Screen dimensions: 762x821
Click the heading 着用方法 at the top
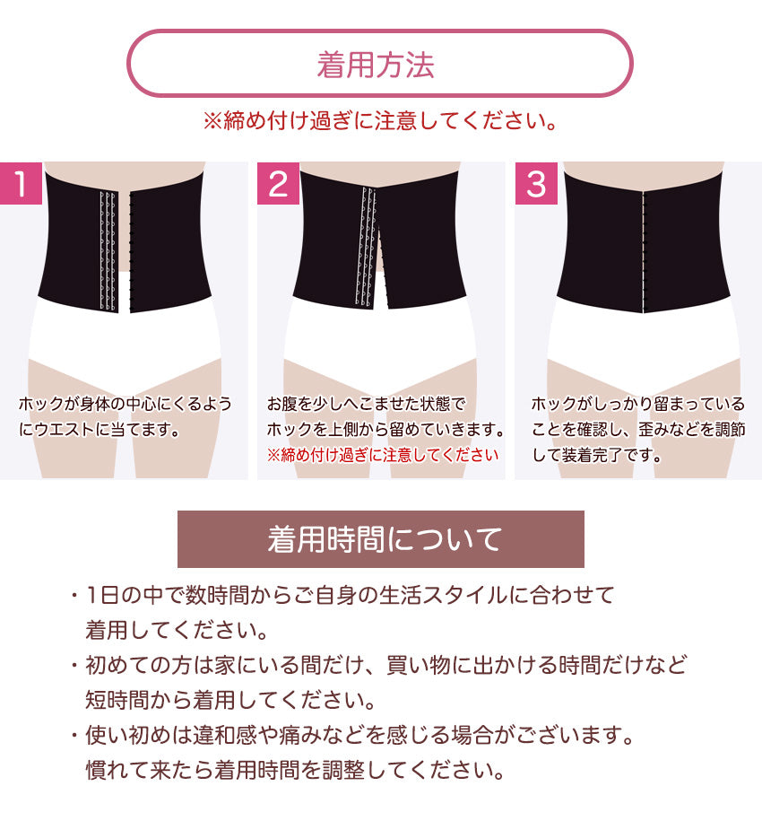coord(376,65)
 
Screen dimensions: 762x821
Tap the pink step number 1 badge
coord(21,183)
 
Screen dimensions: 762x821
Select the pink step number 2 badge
coord(278,183)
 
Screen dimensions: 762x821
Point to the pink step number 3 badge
coord(536,183)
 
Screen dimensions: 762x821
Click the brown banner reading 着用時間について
coord(381,539)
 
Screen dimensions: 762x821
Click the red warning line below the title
coord(381,121)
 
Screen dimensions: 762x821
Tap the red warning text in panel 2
coord(382,455)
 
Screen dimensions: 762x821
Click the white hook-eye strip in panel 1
coord(108,251)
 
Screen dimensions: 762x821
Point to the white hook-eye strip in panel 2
coord(366,246)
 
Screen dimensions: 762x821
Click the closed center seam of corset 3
coord(644,251)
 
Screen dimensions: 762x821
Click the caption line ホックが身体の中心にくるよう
coord(125,404)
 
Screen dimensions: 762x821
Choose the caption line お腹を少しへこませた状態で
coord(366,404)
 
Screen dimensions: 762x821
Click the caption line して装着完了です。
coord(597,455)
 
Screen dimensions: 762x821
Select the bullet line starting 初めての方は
coord(378,665)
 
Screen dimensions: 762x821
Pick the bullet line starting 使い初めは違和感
coord(352,735)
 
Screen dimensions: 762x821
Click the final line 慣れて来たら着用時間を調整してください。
coord(296,770)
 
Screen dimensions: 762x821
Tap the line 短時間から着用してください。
coord(230,700)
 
